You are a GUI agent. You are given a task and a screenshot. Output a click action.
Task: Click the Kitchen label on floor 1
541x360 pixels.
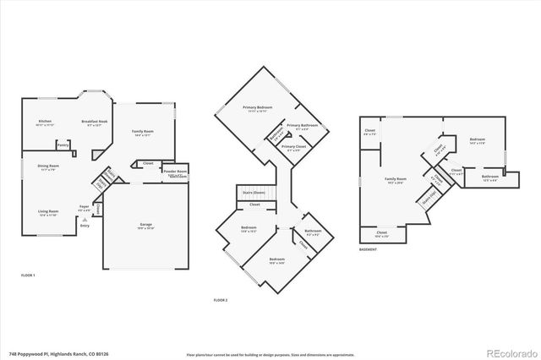45,121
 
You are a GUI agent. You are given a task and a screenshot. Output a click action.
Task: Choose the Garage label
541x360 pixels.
146,224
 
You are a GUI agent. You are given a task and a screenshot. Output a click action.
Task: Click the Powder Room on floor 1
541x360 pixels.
176,172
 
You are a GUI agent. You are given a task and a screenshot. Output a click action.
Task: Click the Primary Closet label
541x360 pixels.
294,146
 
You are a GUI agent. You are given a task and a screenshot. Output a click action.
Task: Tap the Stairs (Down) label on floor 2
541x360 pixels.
254,193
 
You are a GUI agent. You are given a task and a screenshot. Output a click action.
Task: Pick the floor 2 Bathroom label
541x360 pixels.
313,231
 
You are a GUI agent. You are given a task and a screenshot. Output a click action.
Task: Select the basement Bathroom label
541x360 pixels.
490,177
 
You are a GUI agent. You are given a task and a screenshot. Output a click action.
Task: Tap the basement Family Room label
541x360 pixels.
395,179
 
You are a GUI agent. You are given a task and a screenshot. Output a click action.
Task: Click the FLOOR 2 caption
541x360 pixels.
221,300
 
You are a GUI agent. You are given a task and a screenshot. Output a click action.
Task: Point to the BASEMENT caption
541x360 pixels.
368,249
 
